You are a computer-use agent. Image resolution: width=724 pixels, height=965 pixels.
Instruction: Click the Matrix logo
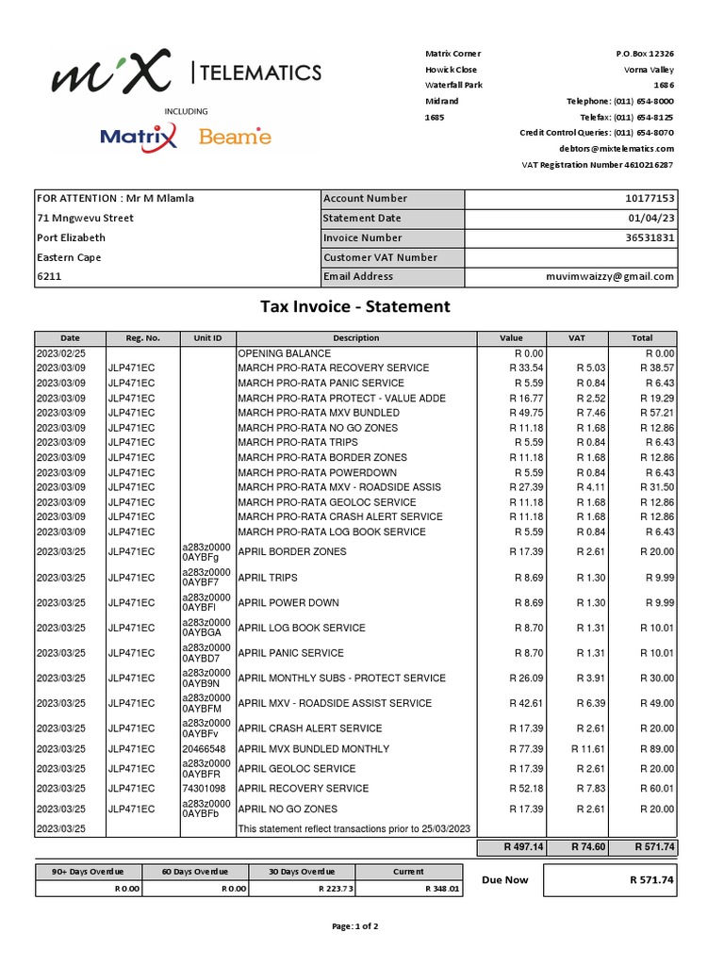139,138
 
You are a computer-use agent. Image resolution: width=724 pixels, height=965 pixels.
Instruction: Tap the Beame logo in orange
235,138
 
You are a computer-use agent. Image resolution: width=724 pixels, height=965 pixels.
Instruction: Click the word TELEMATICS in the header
261,73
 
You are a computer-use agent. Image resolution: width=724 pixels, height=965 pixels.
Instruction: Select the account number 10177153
650,199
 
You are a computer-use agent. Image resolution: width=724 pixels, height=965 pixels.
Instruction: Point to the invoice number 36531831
650,238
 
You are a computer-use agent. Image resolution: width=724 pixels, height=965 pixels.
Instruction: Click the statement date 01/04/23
653,219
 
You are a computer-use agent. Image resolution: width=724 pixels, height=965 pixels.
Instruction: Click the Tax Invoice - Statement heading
355,306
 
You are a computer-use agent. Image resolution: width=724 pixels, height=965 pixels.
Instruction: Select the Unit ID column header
207,338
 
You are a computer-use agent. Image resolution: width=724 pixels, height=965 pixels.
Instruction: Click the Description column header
355,338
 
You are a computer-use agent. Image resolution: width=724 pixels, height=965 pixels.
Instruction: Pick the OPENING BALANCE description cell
281,353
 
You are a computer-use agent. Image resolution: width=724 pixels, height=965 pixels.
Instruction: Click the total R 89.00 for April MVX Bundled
656,749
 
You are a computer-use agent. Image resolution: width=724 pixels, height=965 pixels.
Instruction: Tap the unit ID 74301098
204,789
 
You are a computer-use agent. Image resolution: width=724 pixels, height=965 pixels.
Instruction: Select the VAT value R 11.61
591,749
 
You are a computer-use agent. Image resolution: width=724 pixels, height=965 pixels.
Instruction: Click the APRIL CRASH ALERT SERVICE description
310,728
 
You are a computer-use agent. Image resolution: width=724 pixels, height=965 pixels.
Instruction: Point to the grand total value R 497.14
512,848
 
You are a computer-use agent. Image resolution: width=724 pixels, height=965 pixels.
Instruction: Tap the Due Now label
505,880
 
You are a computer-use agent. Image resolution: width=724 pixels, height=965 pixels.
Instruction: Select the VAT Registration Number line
598,165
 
